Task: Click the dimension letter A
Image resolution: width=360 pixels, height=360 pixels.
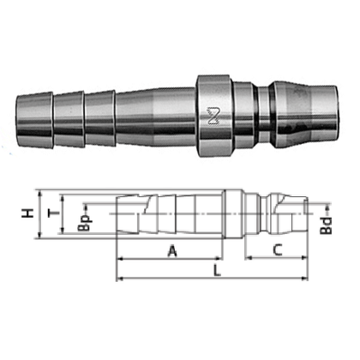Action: click(171, 250)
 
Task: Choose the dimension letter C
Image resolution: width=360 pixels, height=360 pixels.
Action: click(278, 250)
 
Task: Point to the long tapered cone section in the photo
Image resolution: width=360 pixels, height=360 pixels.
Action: click(154, 113)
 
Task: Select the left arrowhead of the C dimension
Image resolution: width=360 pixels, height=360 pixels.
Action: click(248, 258)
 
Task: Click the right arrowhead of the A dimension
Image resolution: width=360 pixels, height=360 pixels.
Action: click(222, 258)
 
